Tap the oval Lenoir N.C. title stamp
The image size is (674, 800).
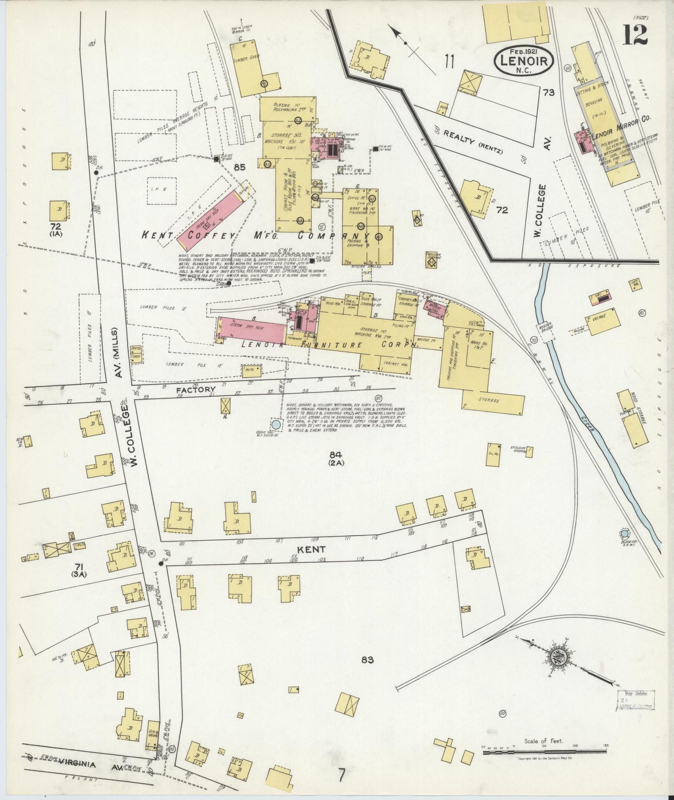[x=524, y=60]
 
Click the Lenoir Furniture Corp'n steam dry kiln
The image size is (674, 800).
[x=252, y=330]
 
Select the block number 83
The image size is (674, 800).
[x=367, y=660]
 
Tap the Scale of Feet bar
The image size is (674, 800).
[x=544, y=752]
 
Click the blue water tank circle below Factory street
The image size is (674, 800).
[x=276, y=425]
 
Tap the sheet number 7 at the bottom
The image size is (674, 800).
[x=342, y=775]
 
